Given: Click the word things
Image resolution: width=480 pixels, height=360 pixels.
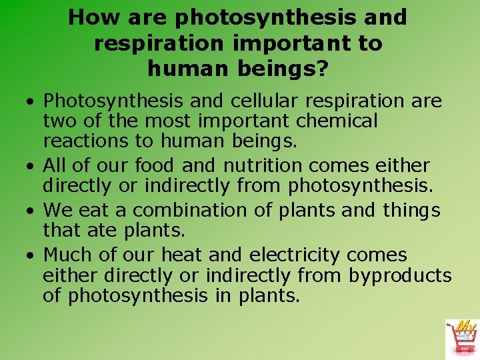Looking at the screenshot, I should click(x=412, y=211).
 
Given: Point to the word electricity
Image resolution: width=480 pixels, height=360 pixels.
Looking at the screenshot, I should click(x=294, y=255).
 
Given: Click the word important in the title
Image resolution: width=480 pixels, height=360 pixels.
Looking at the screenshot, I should click(x=290, y=43).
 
